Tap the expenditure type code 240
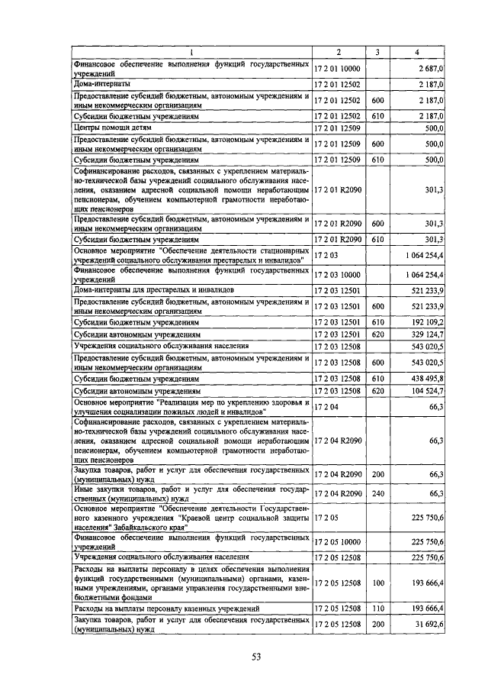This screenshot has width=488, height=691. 377,494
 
